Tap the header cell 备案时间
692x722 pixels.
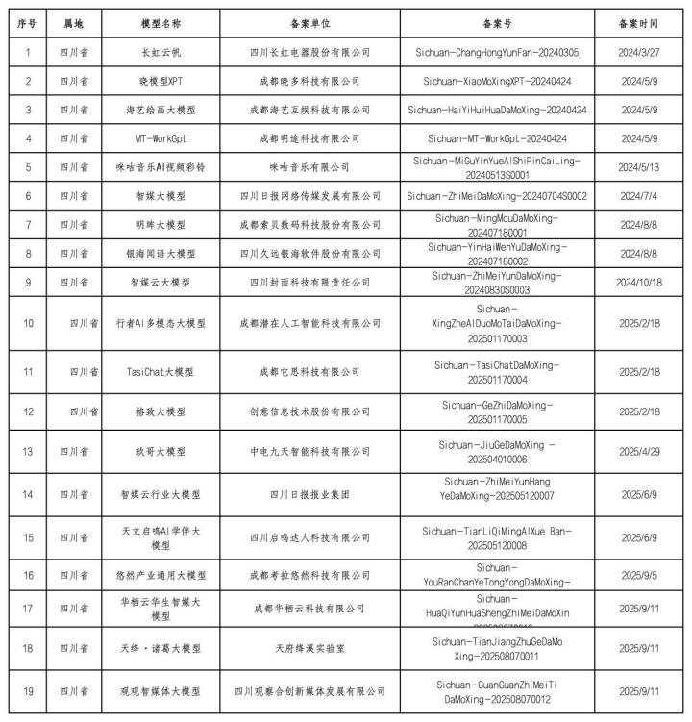[643, 21]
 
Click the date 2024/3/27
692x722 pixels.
[643, 52]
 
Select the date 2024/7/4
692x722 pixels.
[643, 196]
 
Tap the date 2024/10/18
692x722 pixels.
[643, 283]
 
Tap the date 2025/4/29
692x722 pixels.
[643, 450]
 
